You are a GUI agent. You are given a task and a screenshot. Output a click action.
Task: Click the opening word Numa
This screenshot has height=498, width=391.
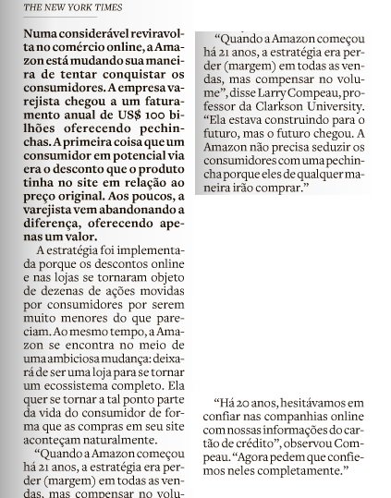click(x=40, y=30)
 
